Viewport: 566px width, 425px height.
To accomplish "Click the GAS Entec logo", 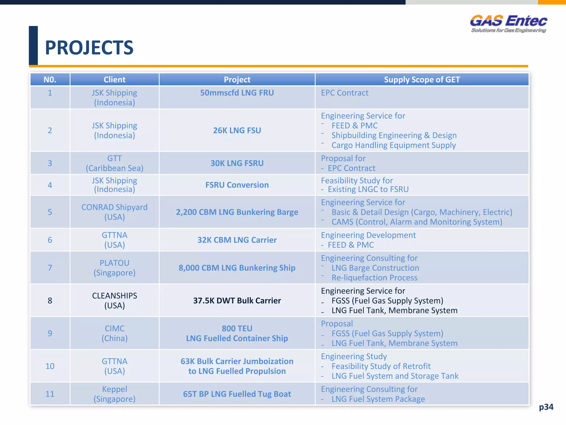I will click(509, 24).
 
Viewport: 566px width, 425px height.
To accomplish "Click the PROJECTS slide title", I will click(89, 48).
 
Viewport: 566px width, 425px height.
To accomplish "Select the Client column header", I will click(114, 80).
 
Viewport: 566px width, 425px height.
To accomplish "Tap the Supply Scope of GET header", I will click(422, 80).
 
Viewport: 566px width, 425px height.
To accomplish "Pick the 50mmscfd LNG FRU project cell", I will click(237, 93).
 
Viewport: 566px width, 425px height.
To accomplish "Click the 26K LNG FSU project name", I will click(237, 130).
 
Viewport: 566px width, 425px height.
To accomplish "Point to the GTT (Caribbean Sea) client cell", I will click(114, 163).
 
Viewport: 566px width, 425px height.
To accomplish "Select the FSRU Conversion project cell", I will click(237, 185).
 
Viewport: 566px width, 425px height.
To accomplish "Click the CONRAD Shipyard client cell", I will click(114, 212).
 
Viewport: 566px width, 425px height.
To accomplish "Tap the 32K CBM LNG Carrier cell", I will click(237, 240).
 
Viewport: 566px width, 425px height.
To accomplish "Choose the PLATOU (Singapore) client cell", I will click(114, 268).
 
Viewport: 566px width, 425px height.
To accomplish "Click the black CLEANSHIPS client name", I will click(114, 296).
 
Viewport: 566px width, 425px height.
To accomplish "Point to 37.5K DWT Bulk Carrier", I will click(237, 300).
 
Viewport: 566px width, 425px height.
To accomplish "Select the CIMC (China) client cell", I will click(114, 333).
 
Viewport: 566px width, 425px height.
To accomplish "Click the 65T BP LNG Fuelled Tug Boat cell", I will click(237, 394).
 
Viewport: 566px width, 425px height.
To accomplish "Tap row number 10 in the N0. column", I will click(50, 366).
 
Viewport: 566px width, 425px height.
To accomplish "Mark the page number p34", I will click(546, 407).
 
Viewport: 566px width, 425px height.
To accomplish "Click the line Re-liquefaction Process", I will click(374, 278).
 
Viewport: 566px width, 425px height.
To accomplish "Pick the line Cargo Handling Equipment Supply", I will click(394, 145).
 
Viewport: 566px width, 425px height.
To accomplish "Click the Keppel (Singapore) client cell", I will click(114, 394).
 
